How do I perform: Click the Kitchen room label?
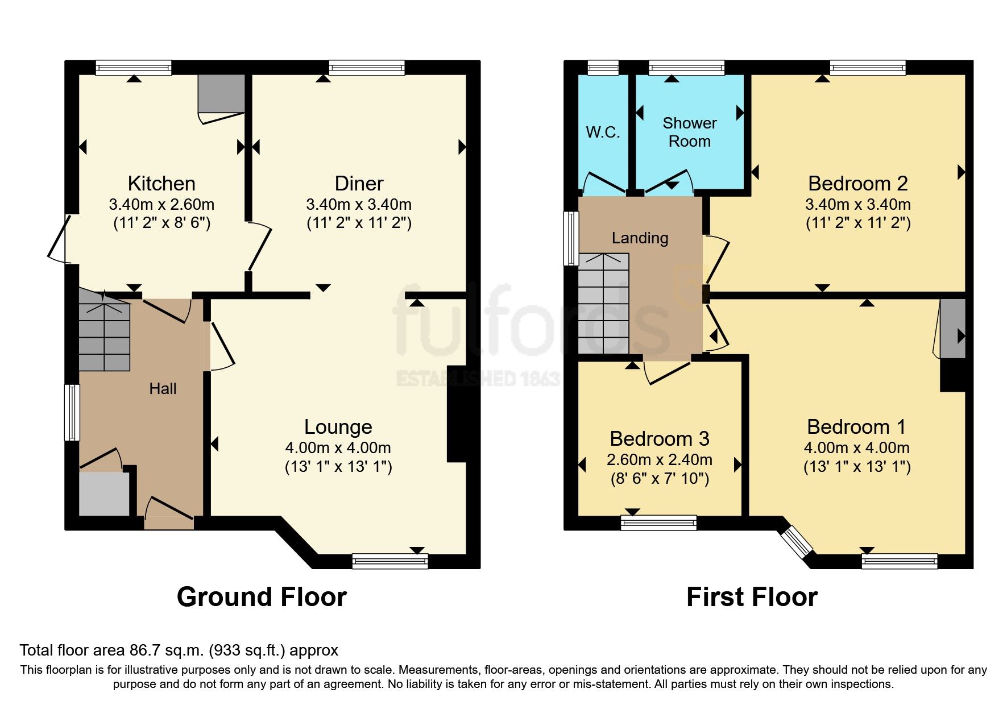[x=161, y=184]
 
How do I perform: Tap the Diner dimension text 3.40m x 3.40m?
[x=359, y=204]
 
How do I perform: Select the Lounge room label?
[x=338, y=427]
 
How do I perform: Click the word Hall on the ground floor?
[x=163, y=389]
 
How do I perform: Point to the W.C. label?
[x=603, y=132]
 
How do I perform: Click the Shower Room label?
[x=689, y=132]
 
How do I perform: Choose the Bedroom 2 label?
[x=857, y=184]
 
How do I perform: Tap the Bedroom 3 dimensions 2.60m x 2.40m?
[x=660, y=459]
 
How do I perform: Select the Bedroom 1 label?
[x=856, y=427]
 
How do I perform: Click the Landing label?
[x=640, y=238]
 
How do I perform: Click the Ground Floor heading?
[x=262, y=597]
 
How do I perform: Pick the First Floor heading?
[x=752, y=597]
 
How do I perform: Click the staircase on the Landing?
[x=603, y=304]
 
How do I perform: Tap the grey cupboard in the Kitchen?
[x=221, y=94]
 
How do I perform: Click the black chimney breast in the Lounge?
[x=457, y=413]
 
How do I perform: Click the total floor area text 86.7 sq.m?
[x=179, y=650]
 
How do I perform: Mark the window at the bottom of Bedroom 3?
[x=658, y=522]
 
